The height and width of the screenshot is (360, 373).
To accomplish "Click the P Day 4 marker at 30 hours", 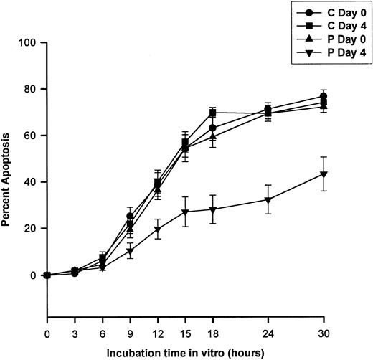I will pos(324,174).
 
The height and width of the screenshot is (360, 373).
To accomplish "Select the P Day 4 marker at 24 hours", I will pos(268,200).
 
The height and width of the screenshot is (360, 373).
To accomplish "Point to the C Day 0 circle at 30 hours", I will pos(324,96).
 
